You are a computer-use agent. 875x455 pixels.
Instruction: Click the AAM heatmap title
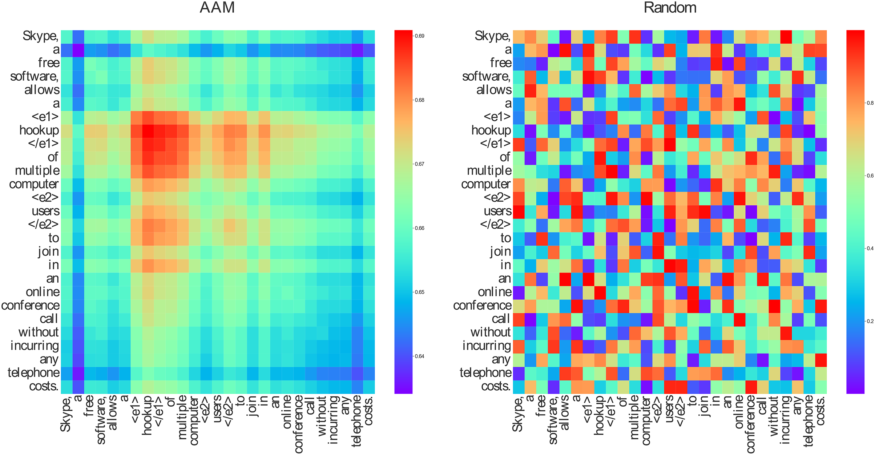coord(217,8)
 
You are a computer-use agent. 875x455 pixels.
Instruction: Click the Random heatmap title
coord(670,8)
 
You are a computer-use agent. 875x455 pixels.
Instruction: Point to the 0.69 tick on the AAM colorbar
coord(419,36)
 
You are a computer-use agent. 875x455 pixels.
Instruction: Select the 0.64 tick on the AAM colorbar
coord(419,356)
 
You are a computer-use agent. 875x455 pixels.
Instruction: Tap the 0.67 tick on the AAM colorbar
coord(419,164)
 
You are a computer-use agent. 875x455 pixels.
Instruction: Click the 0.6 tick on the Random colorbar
coord(870,176)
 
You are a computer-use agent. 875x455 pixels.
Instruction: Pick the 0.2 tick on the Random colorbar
coord(870,321)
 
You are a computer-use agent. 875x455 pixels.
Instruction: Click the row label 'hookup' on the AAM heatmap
coord(39,130)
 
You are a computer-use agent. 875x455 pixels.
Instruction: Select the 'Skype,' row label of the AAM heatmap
coord(40,36)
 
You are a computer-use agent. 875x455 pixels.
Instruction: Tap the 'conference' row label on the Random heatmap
coord(482,306)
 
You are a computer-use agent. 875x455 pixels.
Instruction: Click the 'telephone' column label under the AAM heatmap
coord(357,421)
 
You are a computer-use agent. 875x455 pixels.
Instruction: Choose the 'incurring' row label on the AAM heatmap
coord(35,346)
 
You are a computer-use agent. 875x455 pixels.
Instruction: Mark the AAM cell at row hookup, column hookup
coord(148,130)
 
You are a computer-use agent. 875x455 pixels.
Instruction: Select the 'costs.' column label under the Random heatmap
coord(821,411)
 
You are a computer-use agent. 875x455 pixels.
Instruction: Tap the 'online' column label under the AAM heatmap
coord(287,412)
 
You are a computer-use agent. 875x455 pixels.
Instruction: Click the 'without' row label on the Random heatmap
coord(491,333)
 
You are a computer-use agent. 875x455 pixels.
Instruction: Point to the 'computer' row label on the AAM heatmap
coord(34,184)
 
